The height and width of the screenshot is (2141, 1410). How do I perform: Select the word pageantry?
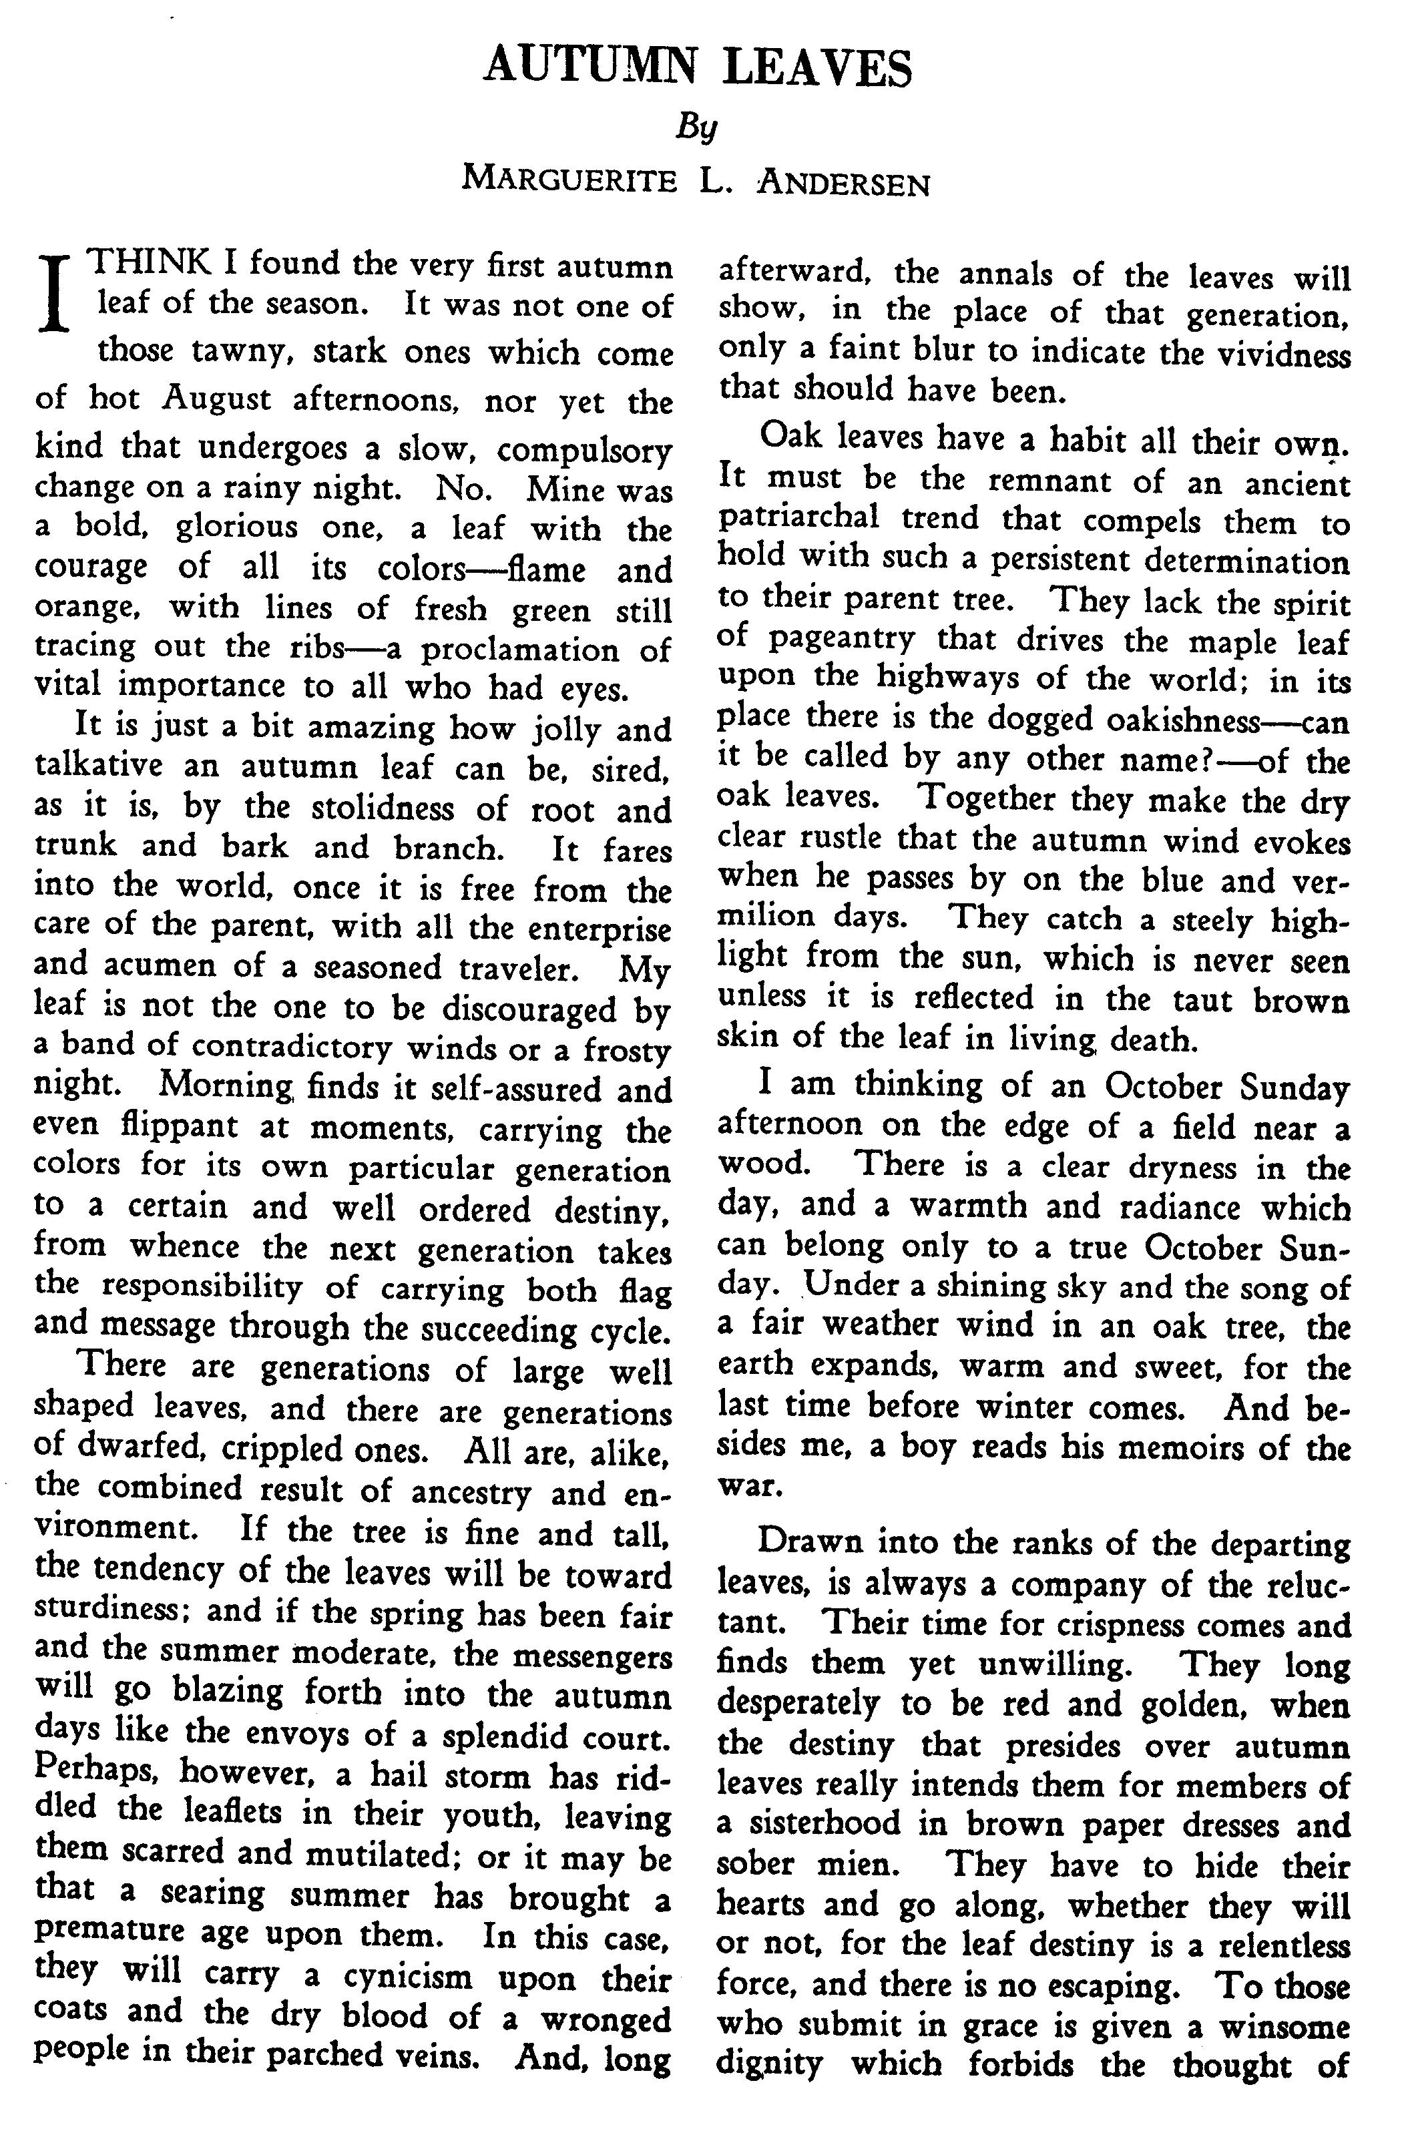click(843, 640)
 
